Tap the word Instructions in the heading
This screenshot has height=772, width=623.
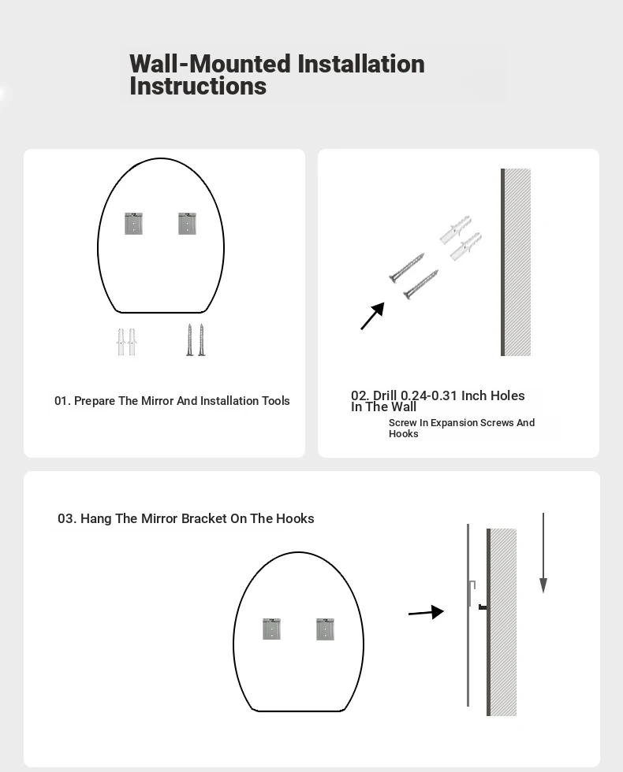[198, 86]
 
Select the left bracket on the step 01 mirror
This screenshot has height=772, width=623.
[133, 224]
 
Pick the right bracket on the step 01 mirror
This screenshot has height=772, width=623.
[188, 224]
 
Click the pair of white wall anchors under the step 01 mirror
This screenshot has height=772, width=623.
[127, 342]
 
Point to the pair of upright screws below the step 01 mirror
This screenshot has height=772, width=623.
[196, 340]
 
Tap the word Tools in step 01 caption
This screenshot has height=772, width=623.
[275, 401]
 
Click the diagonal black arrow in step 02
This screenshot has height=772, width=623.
[372, 316]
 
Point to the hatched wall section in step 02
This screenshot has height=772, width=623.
[516, 262]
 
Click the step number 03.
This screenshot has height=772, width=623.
[67, 518]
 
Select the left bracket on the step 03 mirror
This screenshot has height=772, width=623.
[271, 629]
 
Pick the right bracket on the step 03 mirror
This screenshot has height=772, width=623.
[325, 629]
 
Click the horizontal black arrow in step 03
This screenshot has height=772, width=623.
[427, 613]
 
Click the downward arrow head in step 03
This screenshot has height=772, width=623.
[543, 585]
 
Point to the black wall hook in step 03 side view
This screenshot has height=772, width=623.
[483, 607]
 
